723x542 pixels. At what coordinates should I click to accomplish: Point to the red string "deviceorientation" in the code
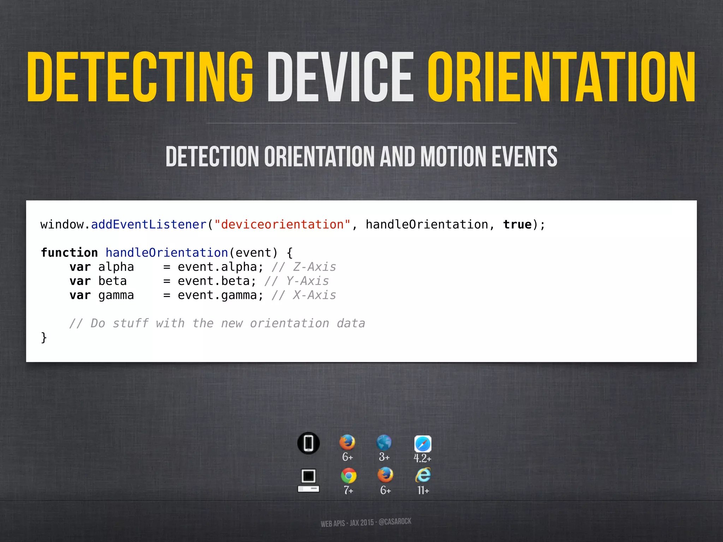click(x=282, y=225)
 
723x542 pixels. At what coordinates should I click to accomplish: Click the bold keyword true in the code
click(x=517, y=225)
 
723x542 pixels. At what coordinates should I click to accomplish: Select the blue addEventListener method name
click(x=149, y=225)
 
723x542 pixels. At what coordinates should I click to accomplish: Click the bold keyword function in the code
click(x=69, y=253)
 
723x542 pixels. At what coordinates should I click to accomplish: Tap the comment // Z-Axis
click(x=304, y=267)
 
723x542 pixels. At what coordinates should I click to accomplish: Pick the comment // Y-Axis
click(x=297, y=281)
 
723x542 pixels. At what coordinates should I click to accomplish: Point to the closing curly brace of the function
click(x=44, y=338)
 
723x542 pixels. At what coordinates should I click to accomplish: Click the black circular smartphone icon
click(x=309, y=443)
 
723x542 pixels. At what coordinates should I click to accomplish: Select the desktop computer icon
click(x=309, y=480)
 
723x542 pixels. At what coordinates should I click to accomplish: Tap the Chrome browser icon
click(x=348, y=476)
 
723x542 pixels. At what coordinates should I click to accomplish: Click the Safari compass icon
click(x=423, y=444)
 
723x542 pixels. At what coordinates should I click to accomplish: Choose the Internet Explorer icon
click(x=423, y=475)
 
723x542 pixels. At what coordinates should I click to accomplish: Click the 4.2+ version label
click(x=422, y=458)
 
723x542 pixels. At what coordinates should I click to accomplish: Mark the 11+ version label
click(x=423, y=490)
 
